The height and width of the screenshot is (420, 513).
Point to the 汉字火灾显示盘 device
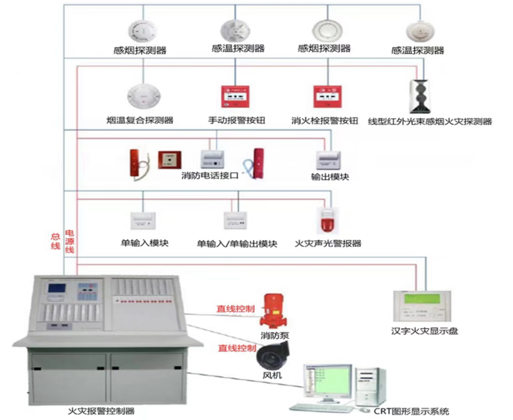tap(422, 307)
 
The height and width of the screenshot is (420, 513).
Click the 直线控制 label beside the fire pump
tap(236, 309)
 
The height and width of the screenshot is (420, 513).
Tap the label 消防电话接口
tap(209, 176)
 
